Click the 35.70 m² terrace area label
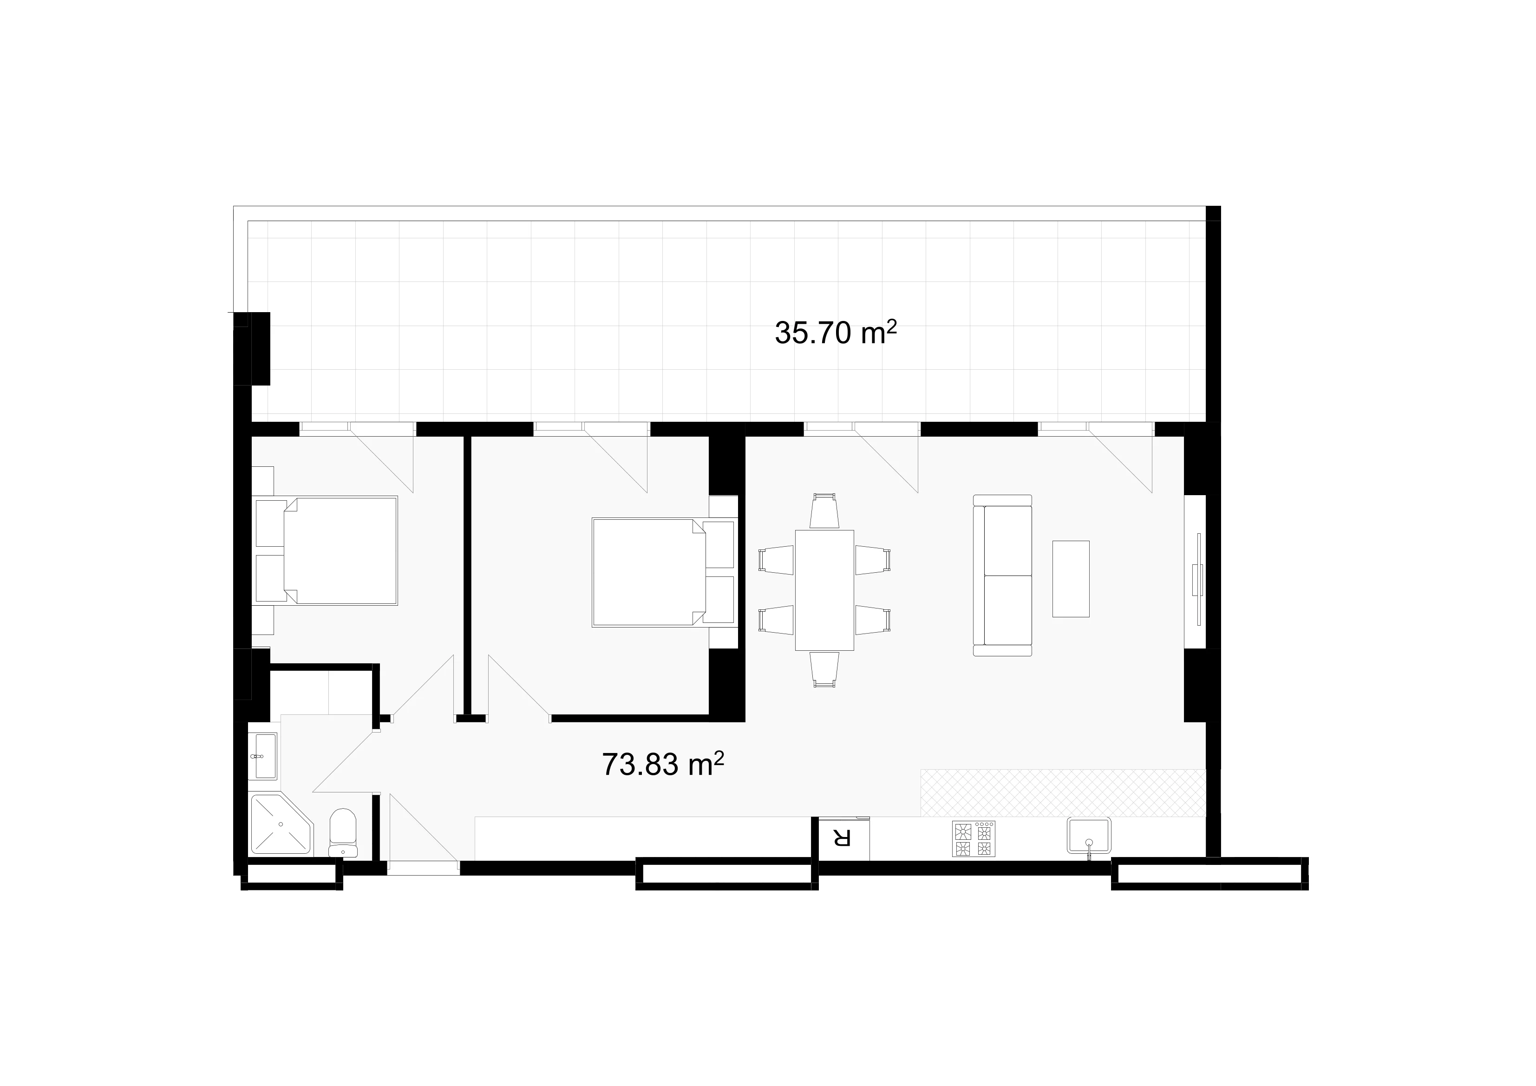coord(835,333)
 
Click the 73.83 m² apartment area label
coord(663,764)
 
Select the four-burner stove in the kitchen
coord(974,839)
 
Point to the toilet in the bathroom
coord(343,833)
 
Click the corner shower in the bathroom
coord(280,824)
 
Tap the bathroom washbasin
coord(266,756)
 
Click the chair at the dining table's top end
coord(824,511)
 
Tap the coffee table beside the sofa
coord(1071,579)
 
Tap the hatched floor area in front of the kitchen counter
coord(1063,793)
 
